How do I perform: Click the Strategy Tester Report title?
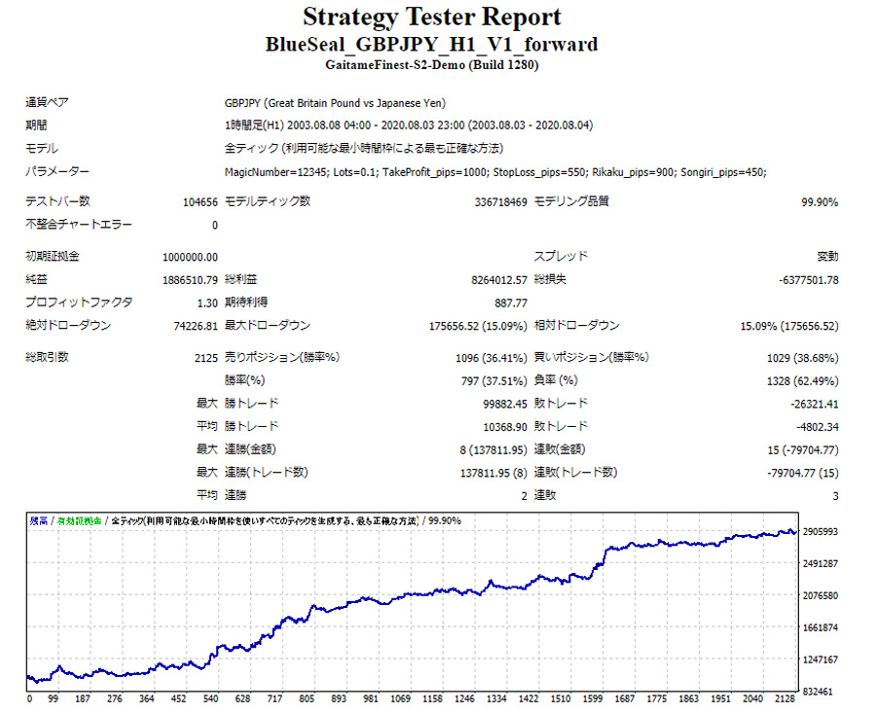[x=431, y=18]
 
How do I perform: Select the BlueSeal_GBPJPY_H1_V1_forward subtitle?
[x=431, y=45]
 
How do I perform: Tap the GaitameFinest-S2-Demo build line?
[x=431, y=65]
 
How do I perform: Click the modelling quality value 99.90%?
[x=817, y=201]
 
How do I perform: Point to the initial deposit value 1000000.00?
[x=190, y=257]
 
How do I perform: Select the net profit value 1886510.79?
[x=190, y=280]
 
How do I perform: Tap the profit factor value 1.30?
[x=206, y=303]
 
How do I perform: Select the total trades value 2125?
[x=205, y=357]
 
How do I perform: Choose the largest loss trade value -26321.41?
[x=812, y=403]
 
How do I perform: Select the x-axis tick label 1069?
[x=400, y=699]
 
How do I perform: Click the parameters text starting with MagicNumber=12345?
[x=494, y=172]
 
